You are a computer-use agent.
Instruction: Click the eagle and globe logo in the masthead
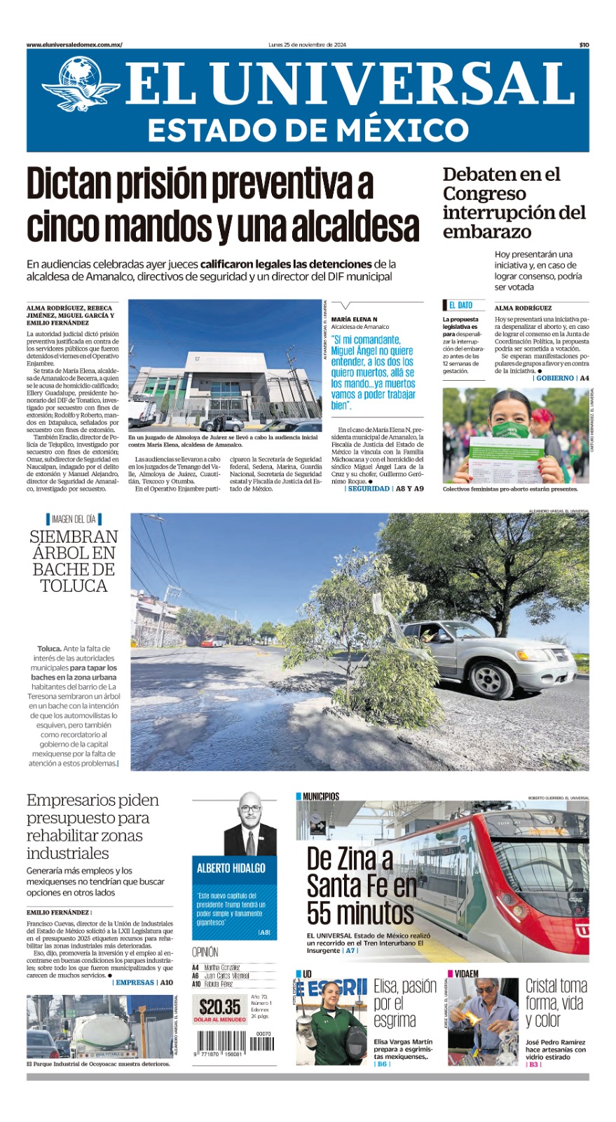pos(80,84)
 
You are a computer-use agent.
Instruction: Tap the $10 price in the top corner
pos(584,45)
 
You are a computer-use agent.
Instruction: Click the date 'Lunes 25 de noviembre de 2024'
pos(307,45)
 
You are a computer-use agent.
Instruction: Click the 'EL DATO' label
pos(460,305)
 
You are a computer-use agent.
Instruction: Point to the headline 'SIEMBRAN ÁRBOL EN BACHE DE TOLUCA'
pos(74,561)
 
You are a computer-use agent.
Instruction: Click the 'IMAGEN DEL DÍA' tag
pos(74,519)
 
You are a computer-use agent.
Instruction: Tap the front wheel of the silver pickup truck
pos(488,679)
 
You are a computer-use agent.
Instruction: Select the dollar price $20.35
pos(220,1007)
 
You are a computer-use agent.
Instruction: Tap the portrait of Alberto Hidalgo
pos(250,824)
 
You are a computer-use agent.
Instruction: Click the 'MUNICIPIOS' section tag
pos(320,796)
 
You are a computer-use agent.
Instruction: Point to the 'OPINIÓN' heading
pos(205,952)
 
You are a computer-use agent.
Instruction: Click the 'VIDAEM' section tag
pos(466,973)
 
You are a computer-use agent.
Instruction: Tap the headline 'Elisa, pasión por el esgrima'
pos(404,1003)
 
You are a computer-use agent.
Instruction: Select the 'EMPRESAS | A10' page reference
pos(144,982)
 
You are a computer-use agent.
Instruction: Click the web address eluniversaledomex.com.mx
pos(74,45)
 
